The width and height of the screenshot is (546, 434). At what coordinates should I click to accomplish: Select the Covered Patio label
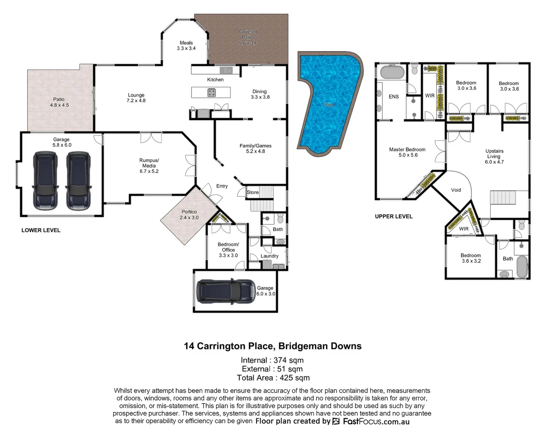pos(248,37)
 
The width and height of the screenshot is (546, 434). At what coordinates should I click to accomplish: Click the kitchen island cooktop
pos(212,92)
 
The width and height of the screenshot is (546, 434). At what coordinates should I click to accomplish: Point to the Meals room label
pos(186,45)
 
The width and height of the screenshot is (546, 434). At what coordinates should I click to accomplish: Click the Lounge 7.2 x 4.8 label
pos(136,98)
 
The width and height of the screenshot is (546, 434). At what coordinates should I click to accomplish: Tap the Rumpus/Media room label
pos(149,166)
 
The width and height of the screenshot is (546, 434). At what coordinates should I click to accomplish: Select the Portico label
pos(189,215)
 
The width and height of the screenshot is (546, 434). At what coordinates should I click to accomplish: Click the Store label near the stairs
pos(253,192)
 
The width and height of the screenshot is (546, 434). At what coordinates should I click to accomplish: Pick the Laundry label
pos(269,256)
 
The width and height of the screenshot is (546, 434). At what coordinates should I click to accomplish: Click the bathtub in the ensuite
pos(392,73)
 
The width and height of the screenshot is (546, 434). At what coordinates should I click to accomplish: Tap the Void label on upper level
pos(456,190)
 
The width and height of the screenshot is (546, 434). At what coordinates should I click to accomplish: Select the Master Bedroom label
pos(407,152)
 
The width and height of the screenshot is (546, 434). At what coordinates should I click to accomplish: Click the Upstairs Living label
pos(494,156)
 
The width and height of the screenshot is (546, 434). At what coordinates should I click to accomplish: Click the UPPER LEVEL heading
pos(393,217)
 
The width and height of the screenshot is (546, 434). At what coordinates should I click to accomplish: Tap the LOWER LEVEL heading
pos(41,230)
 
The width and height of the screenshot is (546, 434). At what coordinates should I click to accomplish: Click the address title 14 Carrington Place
pos(273,346)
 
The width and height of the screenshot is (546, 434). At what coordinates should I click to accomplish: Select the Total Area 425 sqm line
pos(273,378)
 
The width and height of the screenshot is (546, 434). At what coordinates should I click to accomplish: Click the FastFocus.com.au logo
pos(371,422)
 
